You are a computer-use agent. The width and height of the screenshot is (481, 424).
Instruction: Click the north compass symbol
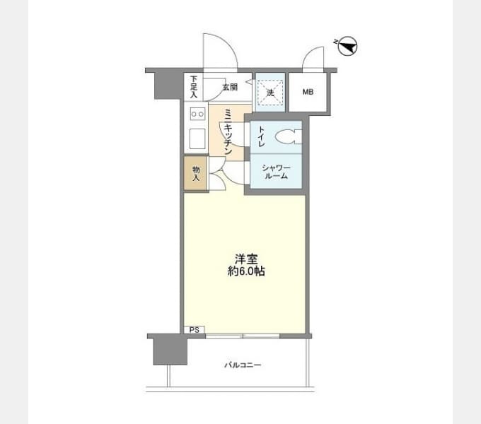coord(347,46)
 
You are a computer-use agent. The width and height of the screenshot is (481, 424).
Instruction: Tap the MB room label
coord(308,92)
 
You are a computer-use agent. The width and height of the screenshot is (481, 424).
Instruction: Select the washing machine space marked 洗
coord(270,93)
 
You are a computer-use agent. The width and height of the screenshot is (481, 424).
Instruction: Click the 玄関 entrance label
coord(230,88)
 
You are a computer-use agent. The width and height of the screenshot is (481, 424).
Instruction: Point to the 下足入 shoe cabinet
coord(193,87)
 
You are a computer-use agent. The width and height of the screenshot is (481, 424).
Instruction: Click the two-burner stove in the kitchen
coord(197,114)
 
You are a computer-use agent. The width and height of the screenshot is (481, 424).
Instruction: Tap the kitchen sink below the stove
coord(197,139)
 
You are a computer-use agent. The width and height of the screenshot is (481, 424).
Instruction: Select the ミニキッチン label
coord(228,131)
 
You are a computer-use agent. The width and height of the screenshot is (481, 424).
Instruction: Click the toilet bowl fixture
coord(289,136)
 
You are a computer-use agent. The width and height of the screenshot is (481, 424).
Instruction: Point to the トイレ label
coord(261,136)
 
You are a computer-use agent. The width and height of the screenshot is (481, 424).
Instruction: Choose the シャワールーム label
coord(276,172)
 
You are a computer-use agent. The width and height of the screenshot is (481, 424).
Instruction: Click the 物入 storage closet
coord(196,174)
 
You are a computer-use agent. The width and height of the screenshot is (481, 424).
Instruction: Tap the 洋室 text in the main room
coord(246,259)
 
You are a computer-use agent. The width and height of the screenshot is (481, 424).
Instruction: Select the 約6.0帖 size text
coord(246,271)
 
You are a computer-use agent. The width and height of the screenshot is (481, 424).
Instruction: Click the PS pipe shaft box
coord(195,329)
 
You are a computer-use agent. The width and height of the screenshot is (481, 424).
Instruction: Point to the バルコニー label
coord(243,365)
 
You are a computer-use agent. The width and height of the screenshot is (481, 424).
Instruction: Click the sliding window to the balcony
coord(243,336)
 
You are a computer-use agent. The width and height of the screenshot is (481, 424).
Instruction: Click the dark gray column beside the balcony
coord(170,351)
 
